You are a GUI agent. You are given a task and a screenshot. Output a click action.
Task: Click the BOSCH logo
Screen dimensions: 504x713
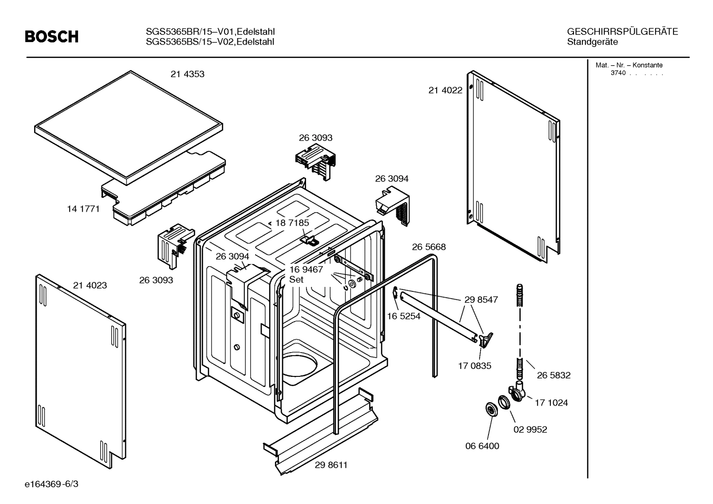coord(51,37)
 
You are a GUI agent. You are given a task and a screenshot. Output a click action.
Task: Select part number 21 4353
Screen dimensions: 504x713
coord(187,74)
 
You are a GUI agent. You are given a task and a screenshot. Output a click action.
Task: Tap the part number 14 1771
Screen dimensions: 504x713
coord(83,209)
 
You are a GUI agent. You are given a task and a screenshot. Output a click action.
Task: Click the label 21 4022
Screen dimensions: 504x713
coord(445,90)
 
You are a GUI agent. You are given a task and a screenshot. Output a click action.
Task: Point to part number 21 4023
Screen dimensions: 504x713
coord(90,285)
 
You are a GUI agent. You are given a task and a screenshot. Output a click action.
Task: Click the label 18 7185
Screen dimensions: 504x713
coord(292,223)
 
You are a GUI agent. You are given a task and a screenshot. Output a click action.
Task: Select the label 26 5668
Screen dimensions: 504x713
coord(429,247)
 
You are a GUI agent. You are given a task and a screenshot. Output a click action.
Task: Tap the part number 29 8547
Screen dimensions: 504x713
coord(481,300)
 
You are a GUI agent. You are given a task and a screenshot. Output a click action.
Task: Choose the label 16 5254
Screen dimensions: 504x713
coord(403,316)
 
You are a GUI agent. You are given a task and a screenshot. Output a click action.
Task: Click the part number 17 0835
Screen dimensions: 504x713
coord(475,366)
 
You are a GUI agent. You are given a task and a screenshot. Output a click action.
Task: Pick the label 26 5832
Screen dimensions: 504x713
coord(553,375)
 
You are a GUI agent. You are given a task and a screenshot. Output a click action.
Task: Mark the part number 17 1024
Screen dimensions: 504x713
coord(551,403)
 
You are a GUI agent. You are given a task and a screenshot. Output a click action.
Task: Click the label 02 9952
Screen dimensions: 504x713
coord(530,429)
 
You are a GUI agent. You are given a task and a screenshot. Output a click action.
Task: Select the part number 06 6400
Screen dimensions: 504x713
coord(482,446)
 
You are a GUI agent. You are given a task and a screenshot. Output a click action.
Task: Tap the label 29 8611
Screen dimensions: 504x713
coord(331,465)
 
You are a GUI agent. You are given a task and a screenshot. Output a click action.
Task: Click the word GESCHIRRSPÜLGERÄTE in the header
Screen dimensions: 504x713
coord(623,32)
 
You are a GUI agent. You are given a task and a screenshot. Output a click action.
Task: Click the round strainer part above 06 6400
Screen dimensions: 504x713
coord(491,410)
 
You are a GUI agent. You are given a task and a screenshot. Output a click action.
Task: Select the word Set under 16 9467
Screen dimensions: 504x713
coord(296,279)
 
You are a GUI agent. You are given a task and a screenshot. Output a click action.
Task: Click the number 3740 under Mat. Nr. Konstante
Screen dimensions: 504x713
coord(618,73)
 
